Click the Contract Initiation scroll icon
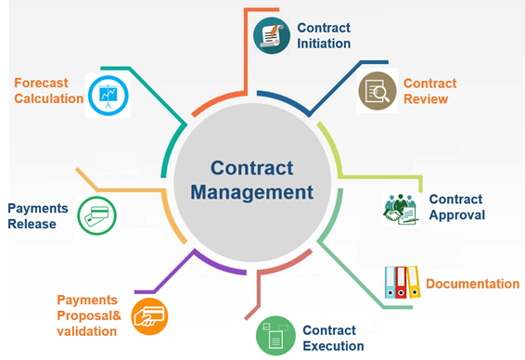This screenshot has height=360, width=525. [272, 35]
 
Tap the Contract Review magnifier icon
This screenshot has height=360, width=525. [378, 91]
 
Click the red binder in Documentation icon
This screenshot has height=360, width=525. [401, 282]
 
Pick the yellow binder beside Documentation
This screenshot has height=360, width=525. [413, 282]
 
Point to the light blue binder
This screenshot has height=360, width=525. [391, 282]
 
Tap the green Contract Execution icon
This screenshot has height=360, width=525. [275, 336]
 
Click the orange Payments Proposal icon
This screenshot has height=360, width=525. [149, 316]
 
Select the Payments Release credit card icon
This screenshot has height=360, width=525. [96, 215]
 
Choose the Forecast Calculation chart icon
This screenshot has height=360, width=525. [109, 96]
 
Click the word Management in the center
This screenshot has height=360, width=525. [251, 193]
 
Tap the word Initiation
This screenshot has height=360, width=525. [324, 44]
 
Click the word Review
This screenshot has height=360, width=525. [426, 99]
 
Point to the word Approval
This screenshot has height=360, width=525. [457, 215]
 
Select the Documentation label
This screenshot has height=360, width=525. [472, 284]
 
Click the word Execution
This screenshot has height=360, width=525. [333, 346]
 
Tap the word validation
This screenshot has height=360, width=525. [86, 331]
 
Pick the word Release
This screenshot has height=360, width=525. [32, 224]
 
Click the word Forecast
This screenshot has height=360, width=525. [41, 84]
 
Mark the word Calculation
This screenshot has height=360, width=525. [49, 98]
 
